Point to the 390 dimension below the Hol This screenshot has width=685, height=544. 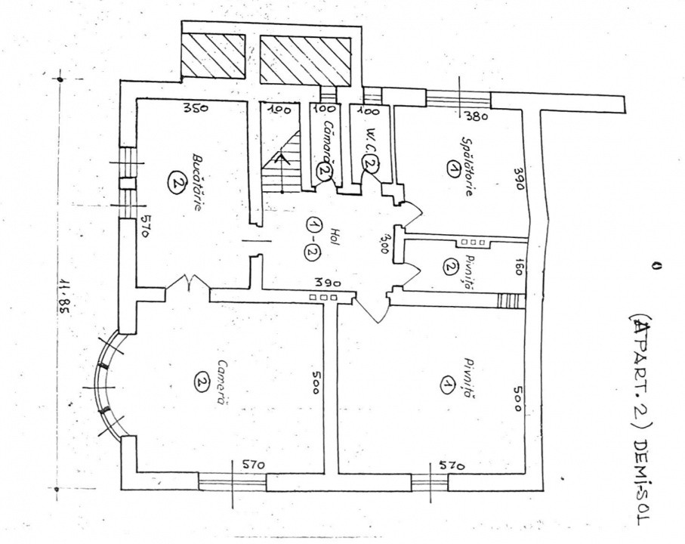click(322, 283)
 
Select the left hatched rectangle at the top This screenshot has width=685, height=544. click(214, 54)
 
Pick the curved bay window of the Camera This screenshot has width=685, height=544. click(108, 385)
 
